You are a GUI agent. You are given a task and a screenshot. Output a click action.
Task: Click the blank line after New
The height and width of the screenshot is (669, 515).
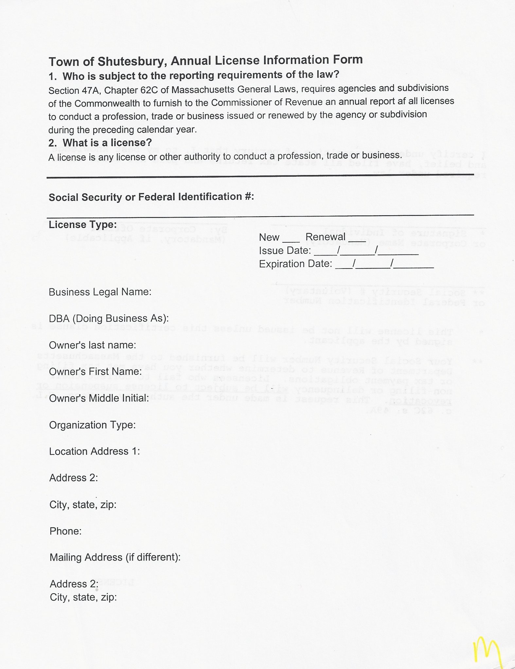click(x=291, y=241)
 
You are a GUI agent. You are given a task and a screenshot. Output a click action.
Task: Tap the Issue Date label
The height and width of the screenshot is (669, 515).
click(x=285, y=251)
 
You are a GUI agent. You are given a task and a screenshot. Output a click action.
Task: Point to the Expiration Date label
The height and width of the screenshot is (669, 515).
click(x=295, y=264)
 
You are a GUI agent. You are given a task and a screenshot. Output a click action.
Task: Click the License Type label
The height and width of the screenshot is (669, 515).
click(x=82, y=225)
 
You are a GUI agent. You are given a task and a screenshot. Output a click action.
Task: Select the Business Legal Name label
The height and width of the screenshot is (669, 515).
click(x=100, y=292)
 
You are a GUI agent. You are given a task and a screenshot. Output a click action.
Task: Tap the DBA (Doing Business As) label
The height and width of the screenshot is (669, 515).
click(x=109, y=318)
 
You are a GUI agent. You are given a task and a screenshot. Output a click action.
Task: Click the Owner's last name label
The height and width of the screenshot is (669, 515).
click(x=93, y=345)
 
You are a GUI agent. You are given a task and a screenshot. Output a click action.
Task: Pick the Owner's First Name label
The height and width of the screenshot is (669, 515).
click(x=95, y=371)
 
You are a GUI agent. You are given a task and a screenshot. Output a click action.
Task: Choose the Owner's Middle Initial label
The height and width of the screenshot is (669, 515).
click(x=99, y=398)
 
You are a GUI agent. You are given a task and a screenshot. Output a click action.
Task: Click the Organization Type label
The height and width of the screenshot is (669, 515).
click(x=92, y=425)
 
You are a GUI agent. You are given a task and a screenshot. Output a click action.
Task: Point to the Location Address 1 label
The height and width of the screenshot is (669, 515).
click(x=95, y=451)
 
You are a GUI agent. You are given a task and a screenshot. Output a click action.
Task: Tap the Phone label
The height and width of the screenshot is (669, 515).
click(x=65, y=531)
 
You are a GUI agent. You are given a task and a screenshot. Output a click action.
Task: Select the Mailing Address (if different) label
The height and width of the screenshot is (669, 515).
click(x=115, y=557)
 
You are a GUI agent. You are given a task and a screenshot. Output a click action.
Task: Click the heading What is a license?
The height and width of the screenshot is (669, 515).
click(x=107, y=143)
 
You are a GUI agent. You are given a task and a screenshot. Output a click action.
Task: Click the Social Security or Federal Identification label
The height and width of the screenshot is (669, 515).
click(x=151, y=197)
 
